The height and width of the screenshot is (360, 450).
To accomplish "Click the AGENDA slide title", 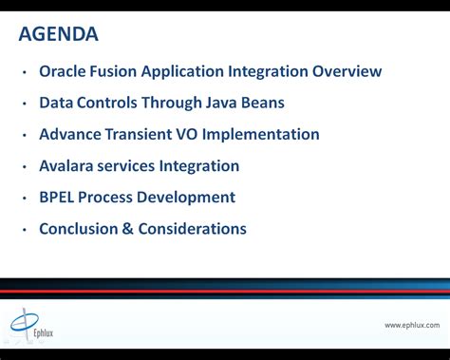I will pos(59,35).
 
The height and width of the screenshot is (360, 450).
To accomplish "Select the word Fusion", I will pos(117,71).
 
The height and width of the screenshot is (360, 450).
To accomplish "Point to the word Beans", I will pos(260,103).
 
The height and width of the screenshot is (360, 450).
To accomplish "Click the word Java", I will pos(215,103).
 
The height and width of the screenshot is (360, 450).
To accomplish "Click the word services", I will pos(134,165).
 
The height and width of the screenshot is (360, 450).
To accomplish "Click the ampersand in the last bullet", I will pos(128,228).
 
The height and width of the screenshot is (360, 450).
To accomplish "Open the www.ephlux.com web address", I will pos(411,325).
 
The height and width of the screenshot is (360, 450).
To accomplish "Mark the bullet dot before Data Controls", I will pos(25,104).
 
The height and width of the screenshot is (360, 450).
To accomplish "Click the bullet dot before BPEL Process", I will pos(25,198).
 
